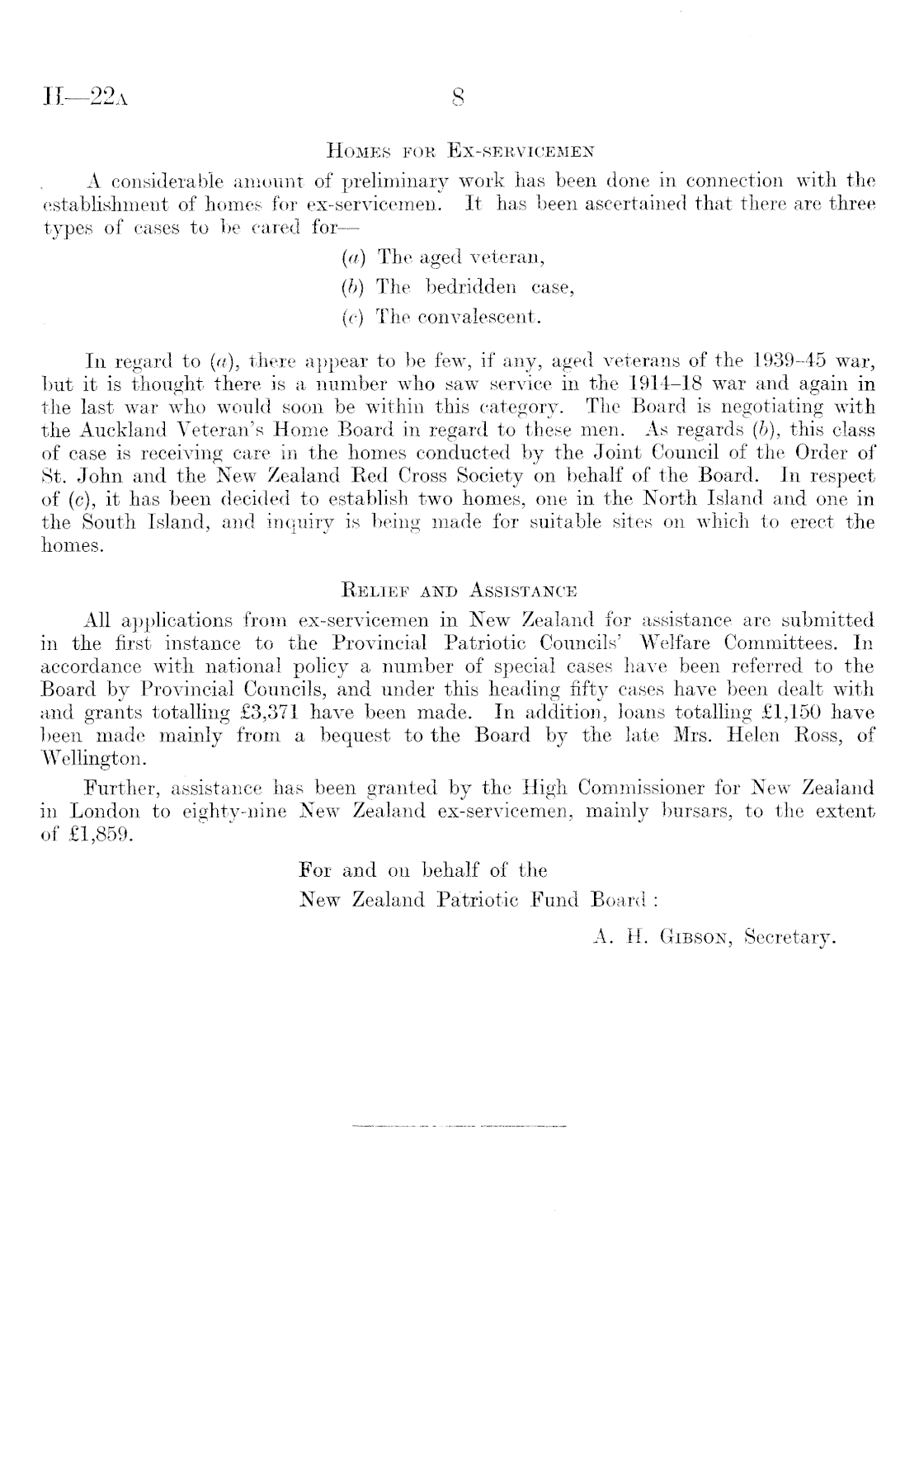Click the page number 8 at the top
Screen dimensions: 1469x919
tap(459, 100)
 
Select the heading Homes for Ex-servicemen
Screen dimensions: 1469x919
tap(459, 151)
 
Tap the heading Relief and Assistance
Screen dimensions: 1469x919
tap(459, 591)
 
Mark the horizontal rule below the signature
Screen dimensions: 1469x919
tap(459, 1125)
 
